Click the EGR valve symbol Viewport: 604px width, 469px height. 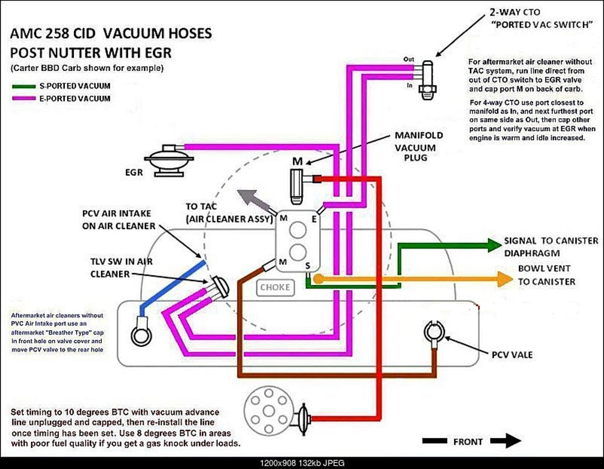[169, 161]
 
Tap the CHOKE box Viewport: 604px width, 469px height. [275, 287]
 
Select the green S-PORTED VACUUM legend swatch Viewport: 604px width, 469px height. [23, 86]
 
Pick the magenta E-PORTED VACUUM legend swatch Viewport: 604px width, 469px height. [23, 98]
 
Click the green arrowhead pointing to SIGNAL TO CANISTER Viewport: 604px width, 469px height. [495, 245]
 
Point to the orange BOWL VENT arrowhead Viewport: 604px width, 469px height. [505, 279]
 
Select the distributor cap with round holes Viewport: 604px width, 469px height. [268, 410]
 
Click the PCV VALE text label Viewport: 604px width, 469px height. [512, 355]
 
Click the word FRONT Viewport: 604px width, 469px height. [468, 442]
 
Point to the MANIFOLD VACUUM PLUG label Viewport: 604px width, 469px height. [419, 146]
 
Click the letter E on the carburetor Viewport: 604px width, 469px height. [314, 219]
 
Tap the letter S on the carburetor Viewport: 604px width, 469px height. [307, 266]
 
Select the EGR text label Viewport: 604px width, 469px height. [134, 172]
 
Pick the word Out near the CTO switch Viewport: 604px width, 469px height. [408, 59]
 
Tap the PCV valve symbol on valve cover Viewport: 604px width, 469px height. [434, 334]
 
